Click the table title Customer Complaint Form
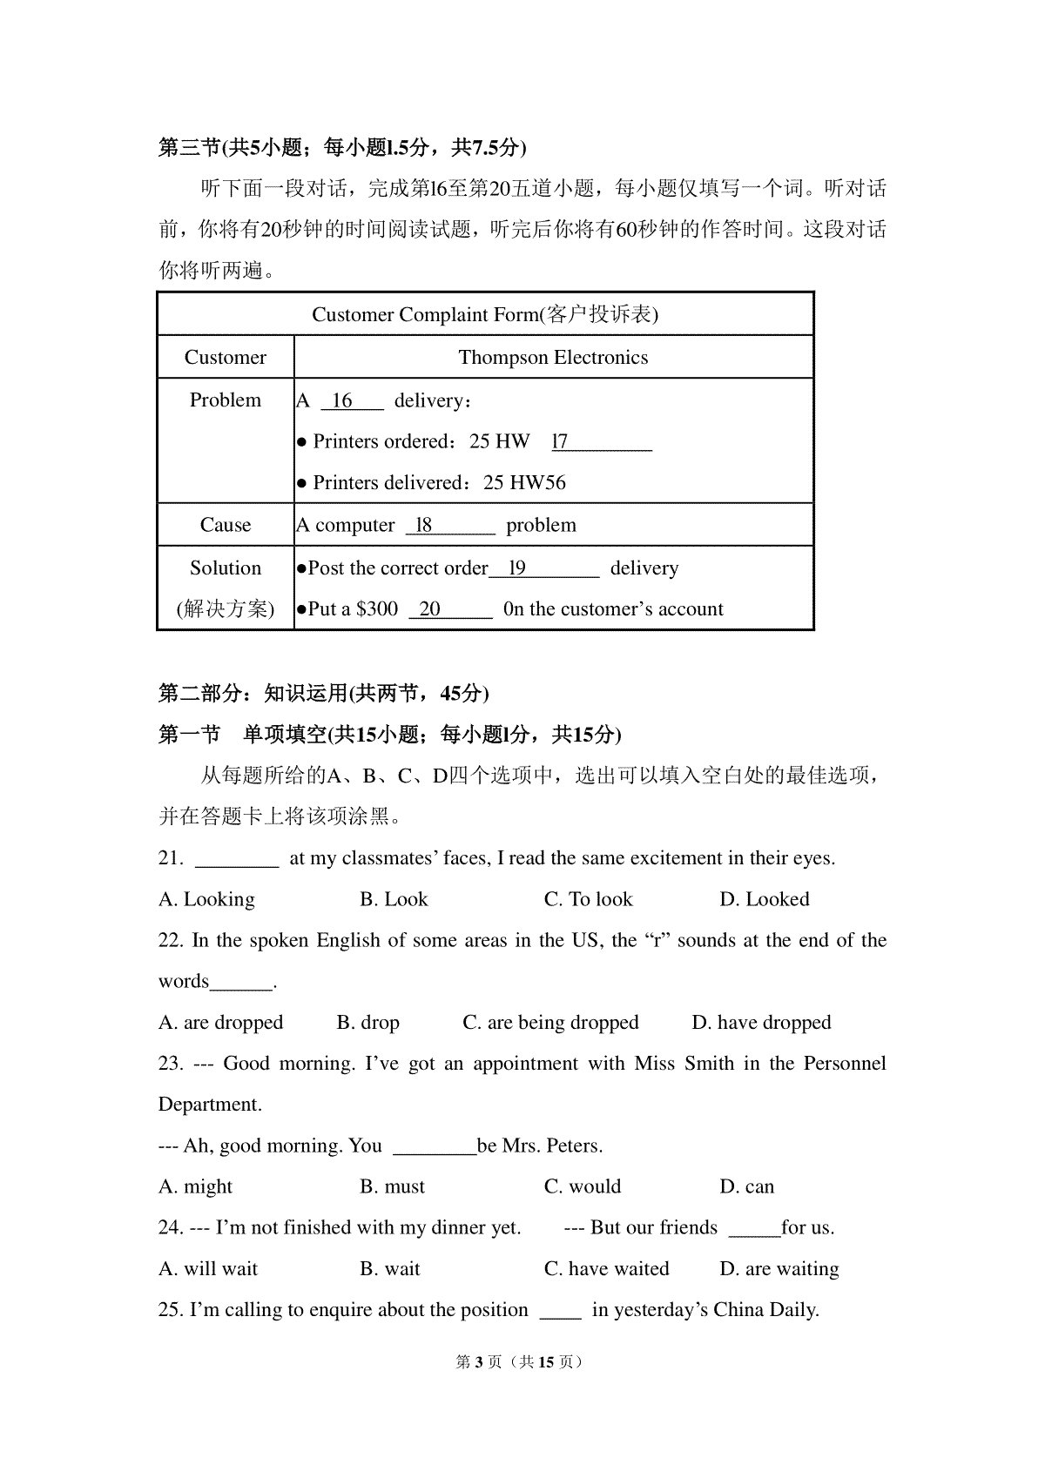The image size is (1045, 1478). coord(484,314)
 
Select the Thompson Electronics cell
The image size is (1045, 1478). coord(553,358)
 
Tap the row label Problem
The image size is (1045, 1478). coord(225,400)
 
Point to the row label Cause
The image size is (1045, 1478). coord(225,525)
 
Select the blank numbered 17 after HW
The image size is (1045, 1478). coord(601,442)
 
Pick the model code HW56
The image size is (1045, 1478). coord(537,483)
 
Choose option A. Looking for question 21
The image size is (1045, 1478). coord(206,899)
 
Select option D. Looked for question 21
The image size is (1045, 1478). coord(764,899)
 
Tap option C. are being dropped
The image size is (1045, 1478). coord(550,1022)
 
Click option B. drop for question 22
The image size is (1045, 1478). coord(367,1022)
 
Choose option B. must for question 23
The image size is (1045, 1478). coord(392,1186)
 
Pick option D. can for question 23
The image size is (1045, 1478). coord(746,1186)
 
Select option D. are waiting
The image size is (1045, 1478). coord(779,1269)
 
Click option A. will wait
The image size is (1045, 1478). coord(208,1269)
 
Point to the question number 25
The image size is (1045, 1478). coord(170,1310)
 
